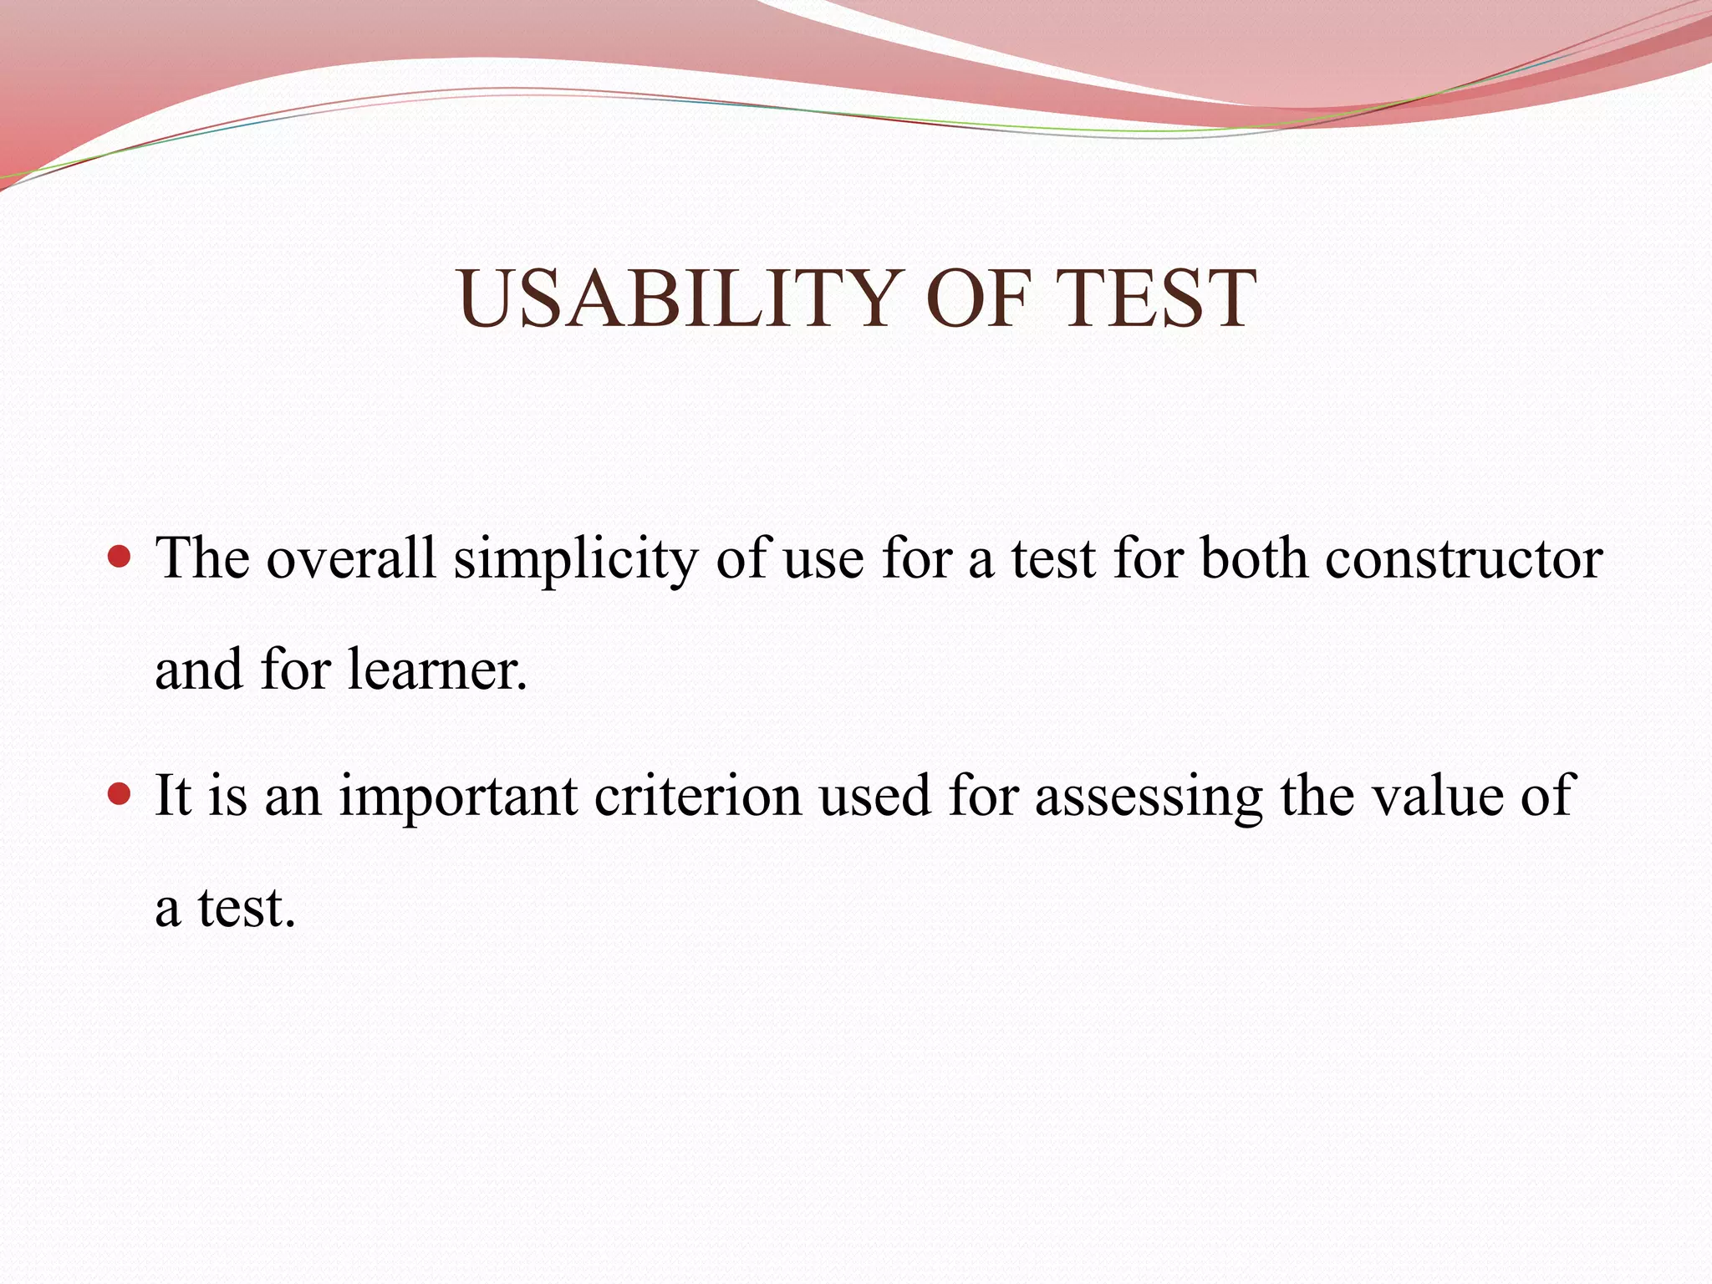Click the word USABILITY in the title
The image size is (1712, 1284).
pyautogui.click(x=677, y=298)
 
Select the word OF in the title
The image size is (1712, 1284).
pyautogui.click(x=977, y=298)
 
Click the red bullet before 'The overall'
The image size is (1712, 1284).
pyautogui.click(x=120, y=557)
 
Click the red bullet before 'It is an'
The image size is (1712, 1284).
pyautogui.click(x=120, y=793)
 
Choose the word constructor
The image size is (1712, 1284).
pyautogui.click(x=1464, y=558)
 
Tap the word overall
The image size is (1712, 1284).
pyautogui.click(x=351, y=558)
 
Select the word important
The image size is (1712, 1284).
pyautogui.click(x=458, y=797)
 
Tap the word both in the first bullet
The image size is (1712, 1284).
pyautogui.click(x=1254, y=558)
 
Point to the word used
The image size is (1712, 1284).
pyautogui.click(x=874, y=795)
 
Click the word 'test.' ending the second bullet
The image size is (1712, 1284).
pyautogui.click(x=247, y=908)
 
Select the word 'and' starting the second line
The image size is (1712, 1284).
pyautogui.click(x=198, y=670)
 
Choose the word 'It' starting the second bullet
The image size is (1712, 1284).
pyautogui.click(x=173, y=795)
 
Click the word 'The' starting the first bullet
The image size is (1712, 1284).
pyautogui.click(x=202, y=558)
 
